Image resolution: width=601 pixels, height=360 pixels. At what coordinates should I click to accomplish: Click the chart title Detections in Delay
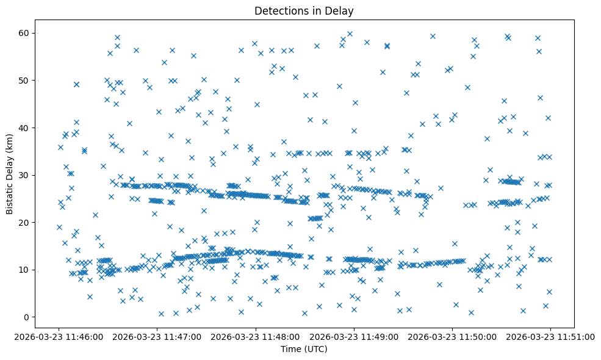[x=304, y=11]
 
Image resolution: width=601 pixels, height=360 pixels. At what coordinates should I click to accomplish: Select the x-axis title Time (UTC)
[x=304, y=349]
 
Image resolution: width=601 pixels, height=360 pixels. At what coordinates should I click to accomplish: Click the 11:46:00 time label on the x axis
[x=59, y=336]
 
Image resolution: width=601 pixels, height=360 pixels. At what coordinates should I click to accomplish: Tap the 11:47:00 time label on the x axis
[x=157, y=336]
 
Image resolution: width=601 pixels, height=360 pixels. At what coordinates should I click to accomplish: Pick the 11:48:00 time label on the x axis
[x=256, y=336]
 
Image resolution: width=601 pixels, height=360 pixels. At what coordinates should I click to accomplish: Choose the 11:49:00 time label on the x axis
[x=354, y=336]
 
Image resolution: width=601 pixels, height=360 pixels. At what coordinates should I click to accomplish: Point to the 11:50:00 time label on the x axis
[x=453, y=336]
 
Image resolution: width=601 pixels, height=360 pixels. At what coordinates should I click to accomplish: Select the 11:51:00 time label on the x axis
[x=551, y=336]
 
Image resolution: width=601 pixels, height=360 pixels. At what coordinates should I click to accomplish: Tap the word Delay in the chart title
[x=341, y=11]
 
